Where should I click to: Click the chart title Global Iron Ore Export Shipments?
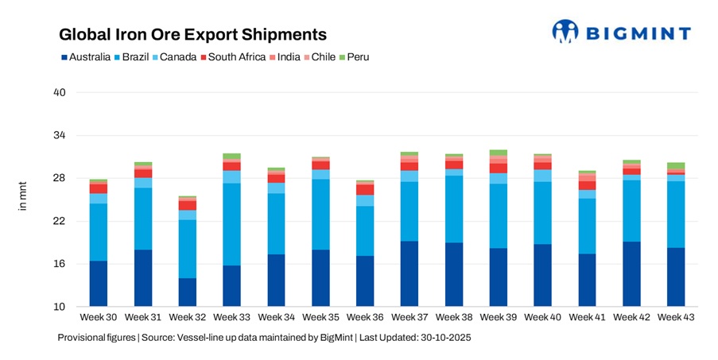point(193,35)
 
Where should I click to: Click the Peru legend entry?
point(354,57)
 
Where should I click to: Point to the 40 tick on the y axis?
point(59,93)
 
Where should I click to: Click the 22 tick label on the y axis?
point(59,222)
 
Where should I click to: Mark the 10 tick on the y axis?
point(59,307)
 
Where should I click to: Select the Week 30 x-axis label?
point(99,318)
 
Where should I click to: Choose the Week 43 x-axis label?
point(676,318)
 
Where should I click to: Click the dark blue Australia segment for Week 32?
point(188,292)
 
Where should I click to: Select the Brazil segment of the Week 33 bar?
point(231,224)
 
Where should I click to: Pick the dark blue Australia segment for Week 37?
point(409,274)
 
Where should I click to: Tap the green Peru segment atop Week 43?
point(676,165)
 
